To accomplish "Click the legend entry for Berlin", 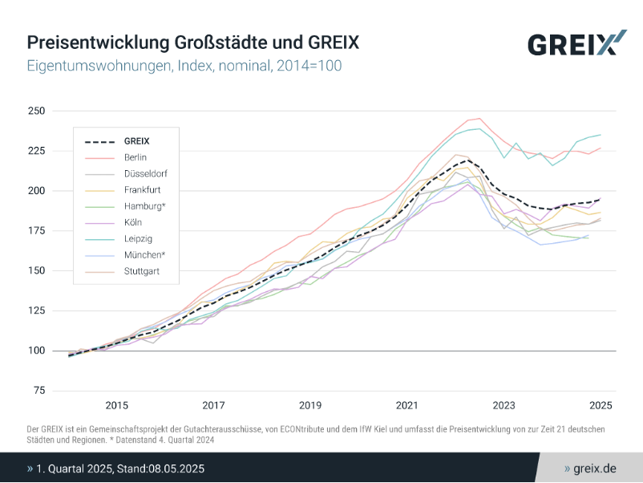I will (x=135, y=157).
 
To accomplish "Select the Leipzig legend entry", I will (x=137, y=238).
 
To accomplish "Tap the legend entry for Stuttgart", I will (x=141, y=271).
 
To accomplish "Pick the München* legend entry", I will (x=144, y=255).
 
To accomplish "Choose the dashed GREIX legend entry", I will (x=136, y=141).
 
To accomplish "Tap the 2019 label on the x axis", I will (x=310, y=405).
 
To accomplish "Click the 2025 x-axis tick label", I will (x=601, y=405).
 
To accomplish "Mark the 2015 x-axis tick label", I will (x=116, y=405).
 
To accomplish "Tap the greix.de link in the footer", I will (x=594, y=468).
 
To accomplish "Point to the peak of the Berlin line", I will (x=479, y=118).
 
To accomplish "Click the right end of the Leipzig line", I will (x=601, y=135).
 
